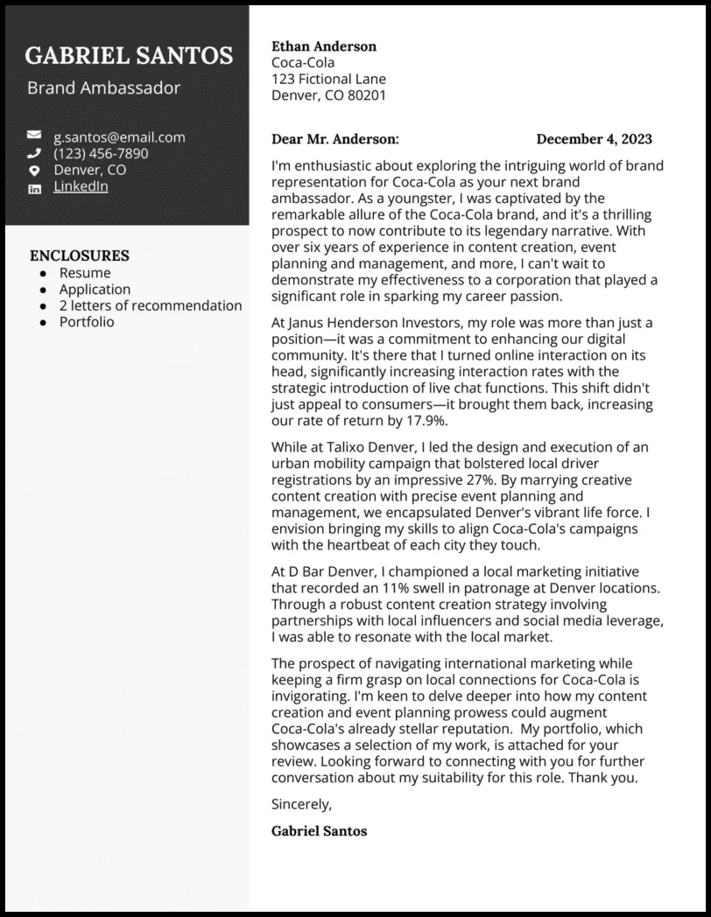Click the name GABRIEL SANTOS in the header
[x=129, y=56]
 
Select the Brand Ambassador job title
[x=103, y=87]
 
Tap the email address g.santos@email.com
[x=119, y=136]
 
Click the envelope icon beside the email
[x=34, y=136]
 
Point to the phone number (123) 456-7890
[x=101, y=153]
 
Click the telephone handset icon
[x=34, y=153]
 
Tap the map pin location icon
[x=34, y=171]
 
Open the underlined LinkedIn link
[x=81, y=186]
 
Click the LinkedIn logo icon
[x=34, y=187]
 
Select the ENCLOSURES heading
[x=80, y=255]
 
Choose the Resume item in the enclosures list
[x=85, y=273]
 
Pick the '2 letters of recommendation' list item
[x=151, y=305]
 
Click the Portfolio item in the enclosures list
[x=87, y=321]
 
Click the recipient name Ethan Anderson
[x=324, y=46]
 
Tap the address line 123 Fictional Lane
[x=328, y=79]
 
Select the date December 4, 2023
[x=594, y=139]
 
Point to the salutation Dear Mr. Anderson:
[x=335, y=139]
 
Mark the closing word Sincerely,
[x=302, y=803]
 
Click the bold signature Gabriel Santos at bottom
[x=320, y=830]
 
